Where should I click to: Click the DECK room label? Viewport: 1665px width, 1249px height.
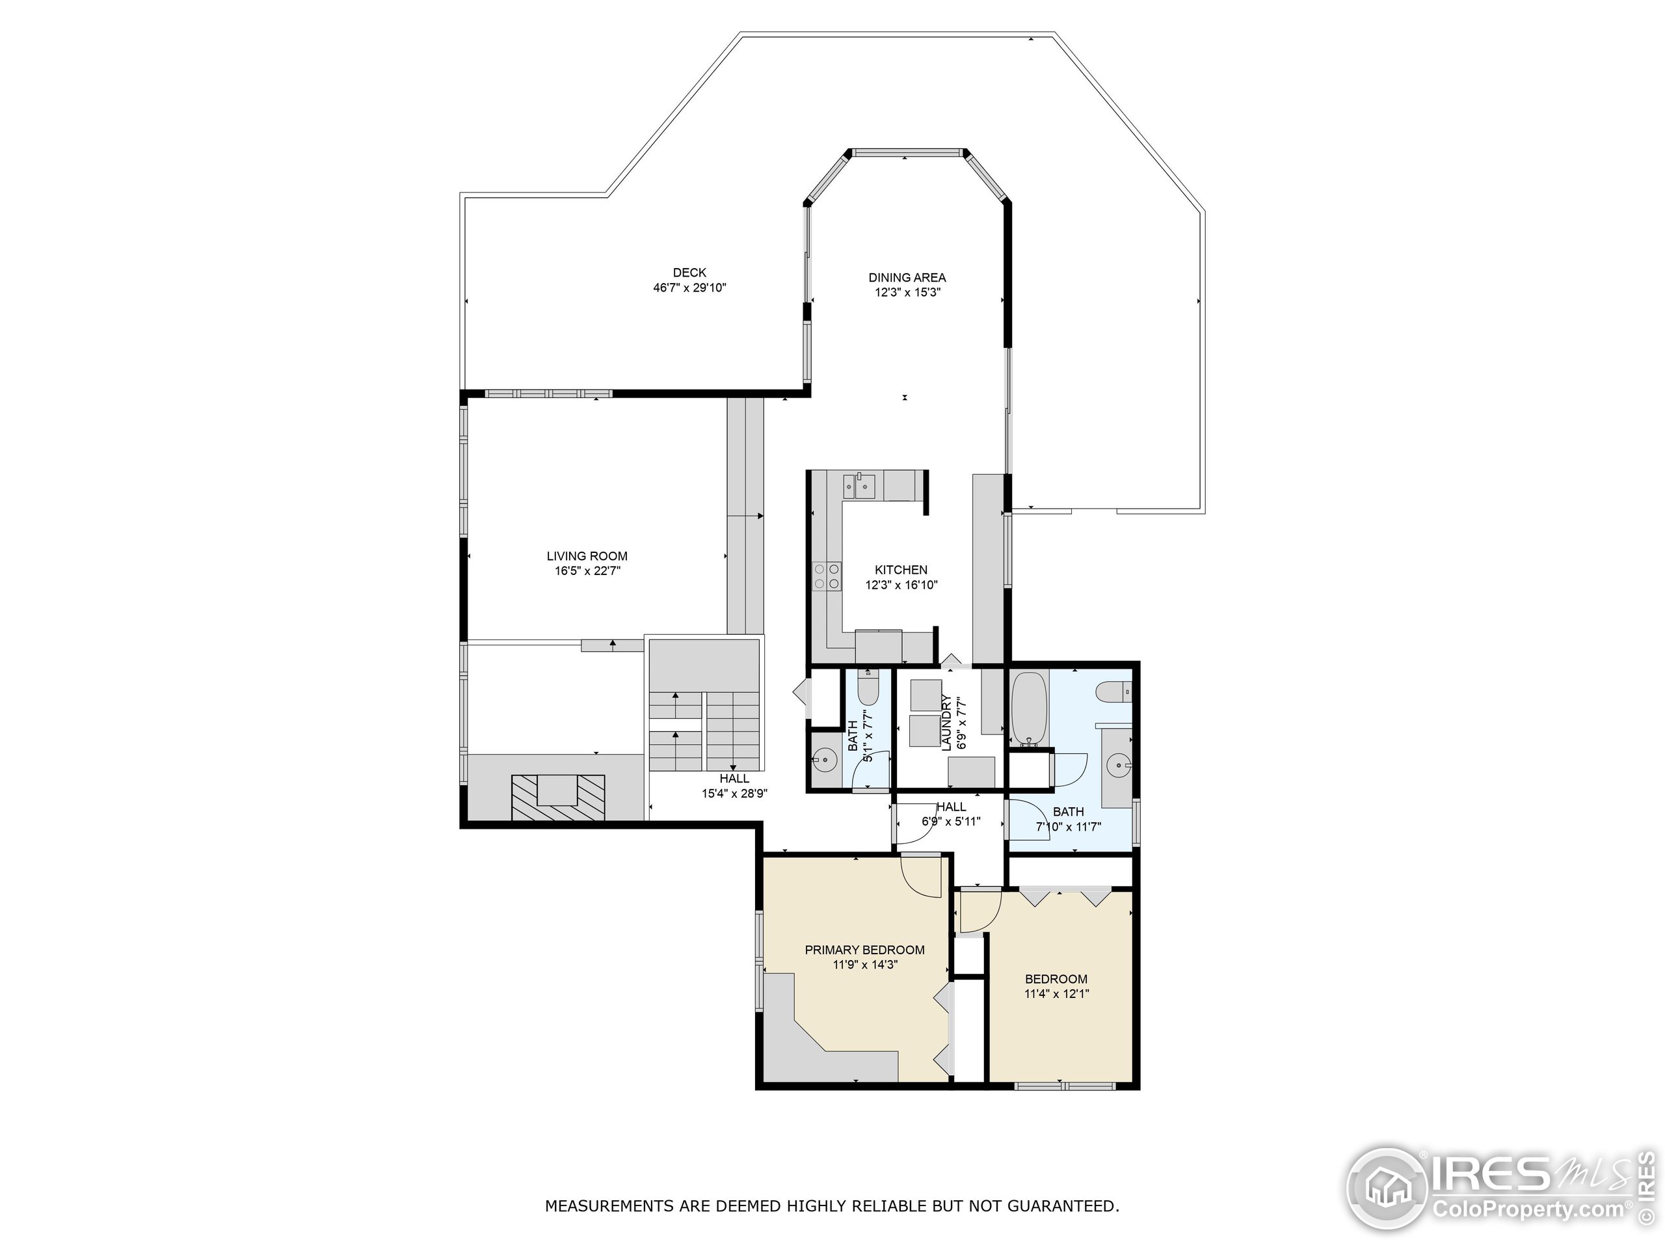(689, 273)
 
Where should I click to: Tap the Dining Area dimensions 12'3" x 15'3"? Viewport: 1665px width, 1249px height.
(907, 293)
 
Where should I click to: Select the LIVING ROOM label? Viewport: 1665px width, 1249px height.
(587, 556)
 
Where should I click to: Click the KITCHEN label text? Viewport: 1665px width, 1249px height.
(901, 570)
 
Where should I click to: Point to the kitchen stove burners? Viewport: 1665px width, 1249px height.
(826, 576)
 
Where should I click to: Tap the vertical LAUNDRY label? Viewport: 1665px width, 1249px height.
(947, 723)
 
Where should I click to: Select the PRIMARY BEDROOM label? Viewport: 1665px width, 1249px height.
(864, 950)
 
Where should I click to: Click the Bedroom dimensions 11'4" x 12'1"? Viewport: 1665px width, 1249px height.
(1056, 994)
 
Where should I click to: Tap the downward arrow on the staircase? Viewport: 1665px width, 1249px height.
(733, 767)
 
